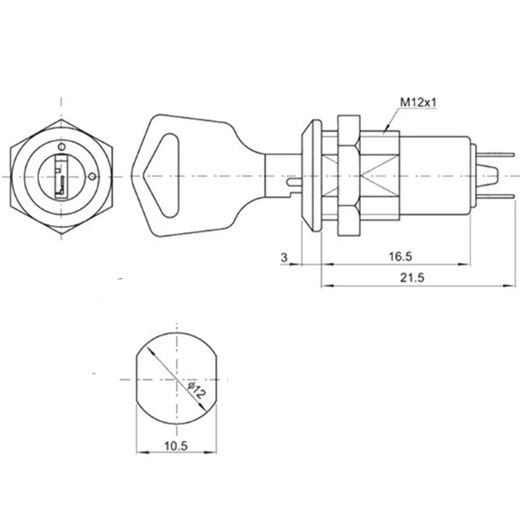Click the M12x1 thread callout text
click(x=417, y=103)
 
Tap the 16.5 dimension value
click(x=400, y=257)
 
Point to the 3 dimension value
click(x=284, y=257)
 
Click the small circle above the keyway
click(x=62, y=146)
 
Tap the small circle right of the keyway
click(x=92, y=176)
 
